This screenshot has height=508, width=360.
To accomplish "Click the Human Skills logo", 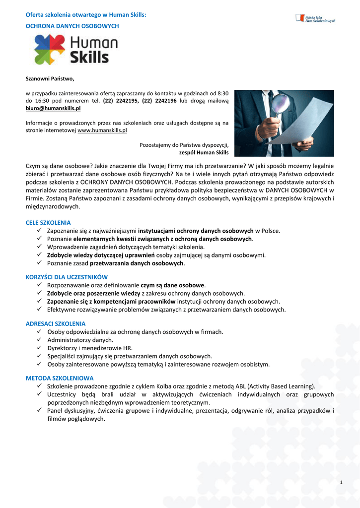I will [75, 50].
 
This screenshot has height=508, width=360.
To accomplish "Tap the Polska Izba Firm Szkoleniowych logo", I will [315, 18].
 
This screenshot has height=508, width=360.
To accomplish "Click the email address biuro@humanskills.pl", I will [53, 108].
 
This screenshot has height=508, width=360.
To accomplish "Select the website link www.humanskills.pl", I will [102, 130].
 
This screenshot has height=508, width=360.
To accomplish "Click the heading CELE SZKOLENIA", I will [48, 223].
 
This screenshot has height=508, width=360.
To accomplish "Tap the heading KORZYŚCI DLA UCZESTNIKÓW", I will [67, 277].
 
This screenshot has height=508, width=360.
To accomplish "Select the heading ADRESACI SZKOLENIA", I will [56, 323].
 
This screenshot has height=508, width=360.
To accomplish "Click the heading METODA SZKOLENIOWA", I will [60, 378].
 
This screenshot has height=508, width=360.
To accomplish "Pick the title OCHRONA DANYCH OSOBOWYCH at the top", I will [72, 25].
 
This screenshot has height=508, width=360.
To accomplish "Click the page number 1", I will [342, 483].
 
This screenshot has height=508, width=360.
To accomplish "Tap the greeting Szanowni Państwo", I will [50, 78].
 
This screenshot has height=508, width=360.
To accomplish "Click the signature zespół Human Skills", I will [204, 152].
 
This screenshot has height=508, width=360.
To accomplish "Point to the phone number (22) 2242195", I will [121, 101].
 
